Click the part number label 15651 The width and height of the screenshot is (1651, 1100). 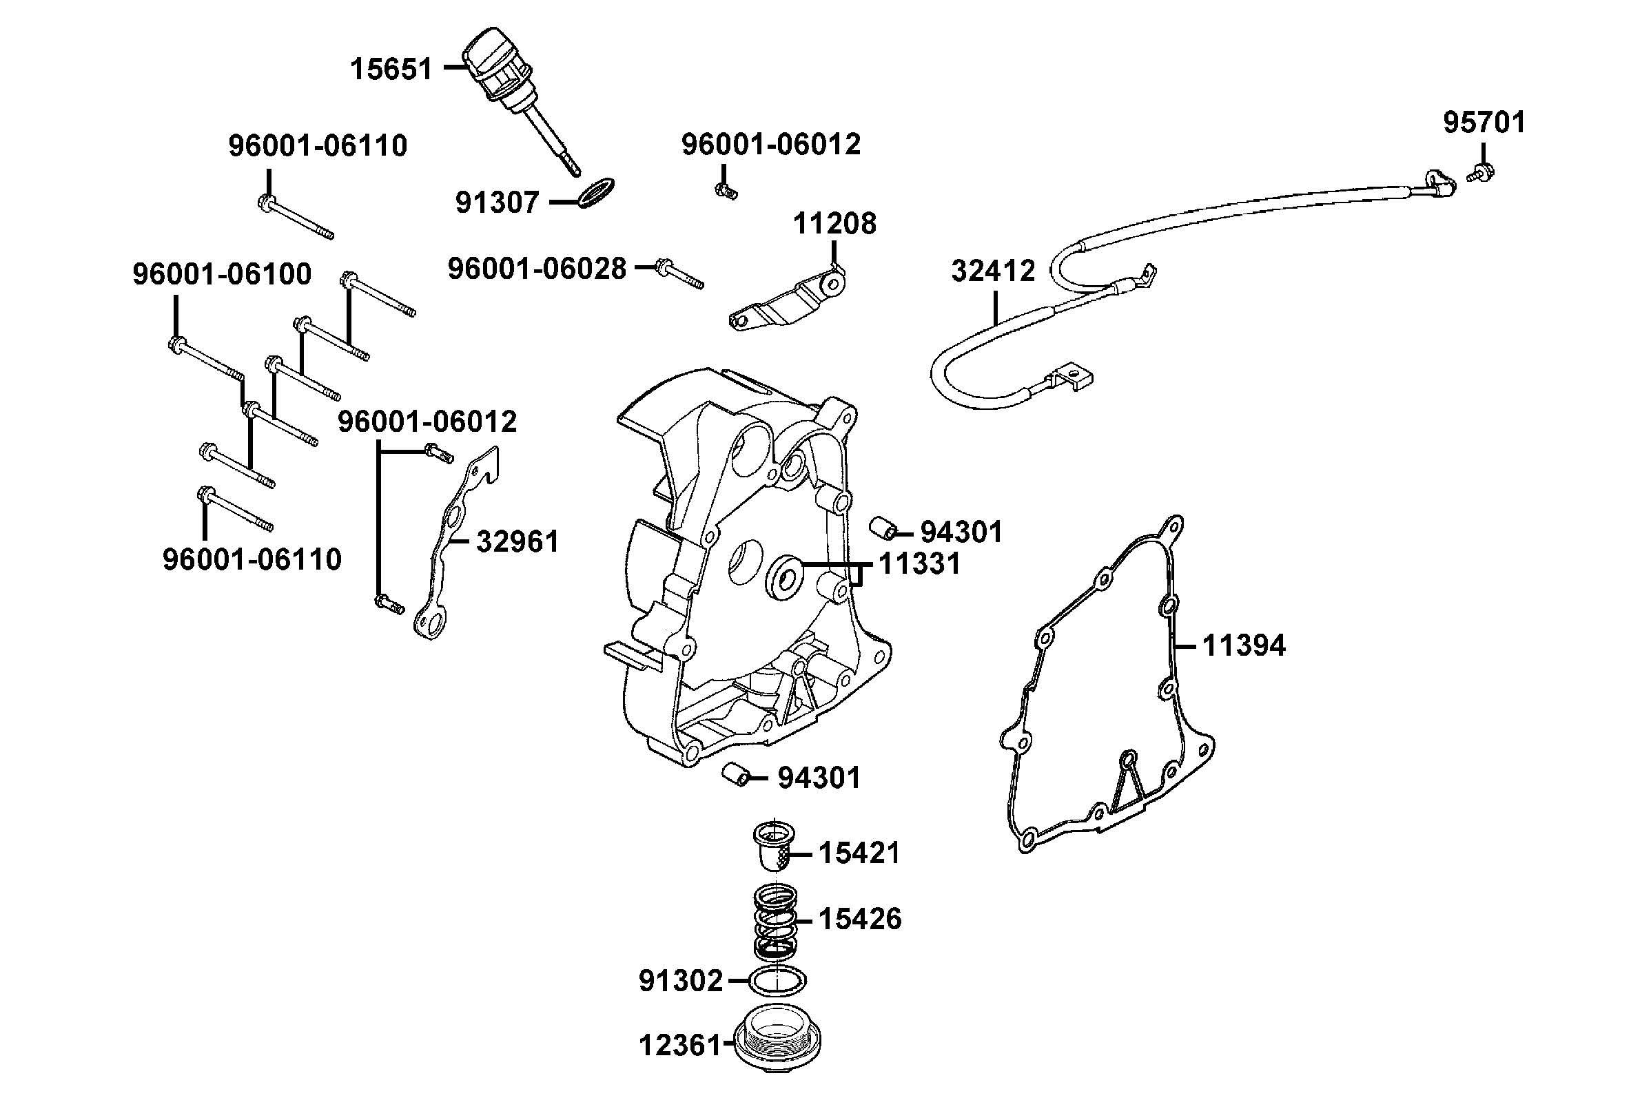[x=391, y=70]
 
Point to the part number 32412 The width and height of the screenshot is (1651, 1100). [x=993, y=271]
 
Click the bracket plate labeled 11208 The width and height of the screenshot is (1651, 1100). [x=786, y=302]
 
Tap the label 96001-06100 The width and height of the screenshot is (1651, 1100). [x=222, y=274]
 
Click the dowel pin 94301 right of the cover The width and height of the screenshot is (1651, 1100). [x=882, y=528]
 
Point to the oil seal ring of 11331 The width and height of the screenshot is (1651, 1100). [x=783, y=577]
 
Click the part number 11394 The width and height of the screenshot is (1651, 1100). [x=1243, y=645]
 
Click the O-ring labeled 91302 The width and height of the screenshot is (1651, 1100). [x=777, y=980]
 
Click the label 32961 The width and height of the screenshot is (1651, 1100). [x=517, y=541]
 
